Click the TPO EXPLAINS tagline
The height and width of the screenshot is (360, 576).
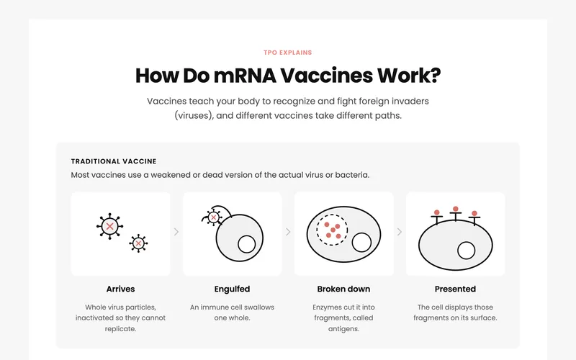[x=287, y=53]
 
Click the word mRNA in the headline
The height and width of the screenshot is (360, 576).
[x=245, y=76]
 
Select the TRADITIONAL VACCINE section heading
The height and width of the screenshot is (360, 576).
[x=114, y=161]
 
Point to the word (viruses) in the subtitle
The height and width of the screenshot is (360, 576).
[x=194, y=116]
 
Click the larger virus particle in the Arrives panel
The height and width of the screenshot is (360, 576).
[x=109, y=226]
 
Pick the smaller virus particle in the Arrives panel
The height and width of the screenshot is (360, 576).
[x=138, y=243]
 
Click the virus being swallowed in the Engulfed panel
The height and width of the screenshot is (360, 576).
[x=213, y=217]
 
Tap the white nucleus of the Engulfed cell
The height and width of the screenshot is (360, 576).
[x=246, y=244]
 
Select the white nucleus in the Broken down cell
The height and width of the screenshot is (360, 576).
[x=361, y=243]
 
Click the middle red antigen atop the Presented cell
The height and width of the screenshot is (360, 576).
[x=456, y=209]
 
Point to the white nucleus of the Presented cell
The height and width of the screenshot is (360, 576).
[x=466, y=251]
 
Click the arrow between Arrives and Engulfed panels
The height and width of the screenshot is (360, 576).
[x=176, y=232]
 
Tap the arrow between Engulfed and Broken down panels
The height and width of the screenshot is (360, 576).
[x=288, y=232]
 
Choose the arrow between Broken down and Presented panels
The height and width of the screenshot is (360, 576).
[x=400, y=232]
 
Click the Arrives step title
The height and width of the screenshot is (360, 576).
[x=120, y=289]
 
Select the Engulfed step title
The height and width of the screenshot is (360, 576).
[x=232, y=289]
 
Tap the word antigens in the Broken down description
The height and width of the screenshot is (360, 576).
[x=343, y=329]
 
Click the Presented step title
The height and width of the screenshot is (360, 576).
[x=455, y=289]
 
